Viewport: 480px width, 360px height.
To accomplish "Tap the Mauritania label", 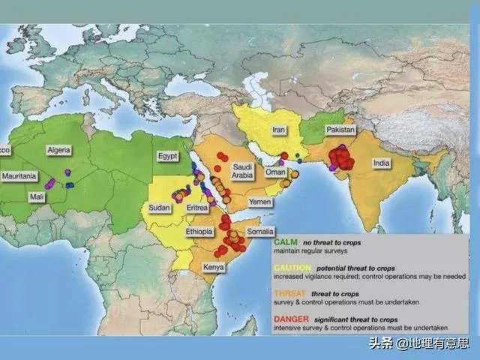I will (19, 176).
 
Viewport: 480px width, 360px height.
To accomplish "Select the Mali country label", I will (37, 196).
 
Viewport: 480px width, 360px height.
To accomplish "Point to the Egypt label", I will (167, 157).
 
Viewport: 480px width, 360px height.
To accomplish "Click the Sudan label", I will (159, 207).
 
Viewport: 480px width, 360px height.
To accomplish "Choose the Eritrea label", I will (196, 207).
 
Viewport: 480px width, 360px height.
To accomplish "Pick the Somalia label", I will (261, 232).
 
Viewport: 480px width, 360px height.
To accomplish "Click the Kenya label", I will (214, 266).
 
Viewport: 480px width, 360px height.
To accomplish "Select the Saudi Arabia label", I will (242, 172).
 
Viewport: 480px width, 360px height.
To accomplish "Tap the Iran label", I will (278, 129).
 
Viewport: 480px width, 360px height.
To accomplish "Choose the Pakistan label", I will (340, 129).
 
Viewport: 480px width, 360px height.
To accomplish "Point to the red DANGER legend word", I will (289, 319).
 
